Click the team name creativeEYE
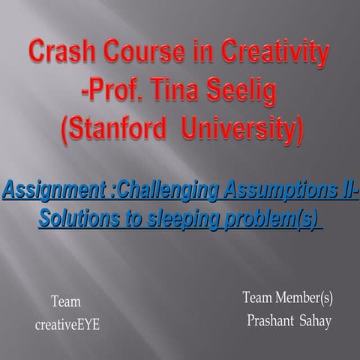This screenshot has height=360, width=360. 67,326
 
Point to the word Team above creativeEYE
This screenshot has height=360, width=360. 66,302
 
